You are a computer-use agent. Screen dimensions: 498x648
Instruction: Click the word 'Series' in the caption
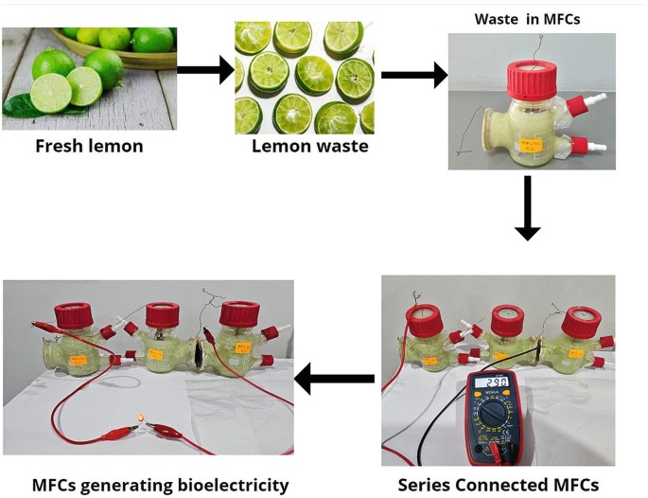[426, 486]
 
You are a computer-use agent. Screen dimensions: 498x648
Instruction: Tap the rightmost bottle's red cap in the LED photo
[239, 312]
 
